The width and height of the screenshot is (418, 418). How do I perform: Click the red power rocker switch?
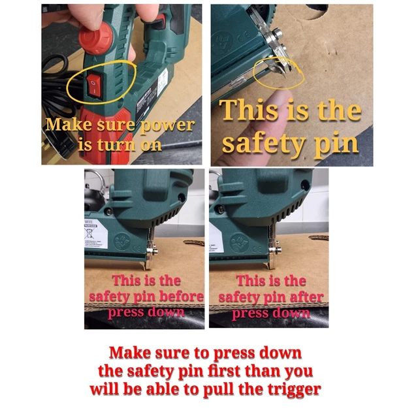[x=95, y=85]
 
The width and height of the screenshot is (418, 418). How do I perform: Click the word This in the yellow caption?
[x=251, y=112]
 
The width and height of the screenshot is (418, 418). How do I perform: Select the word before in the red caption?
[x=182, y=297]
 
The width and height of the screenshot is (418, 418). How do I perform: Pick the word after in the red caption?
[x=308, y=297]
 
